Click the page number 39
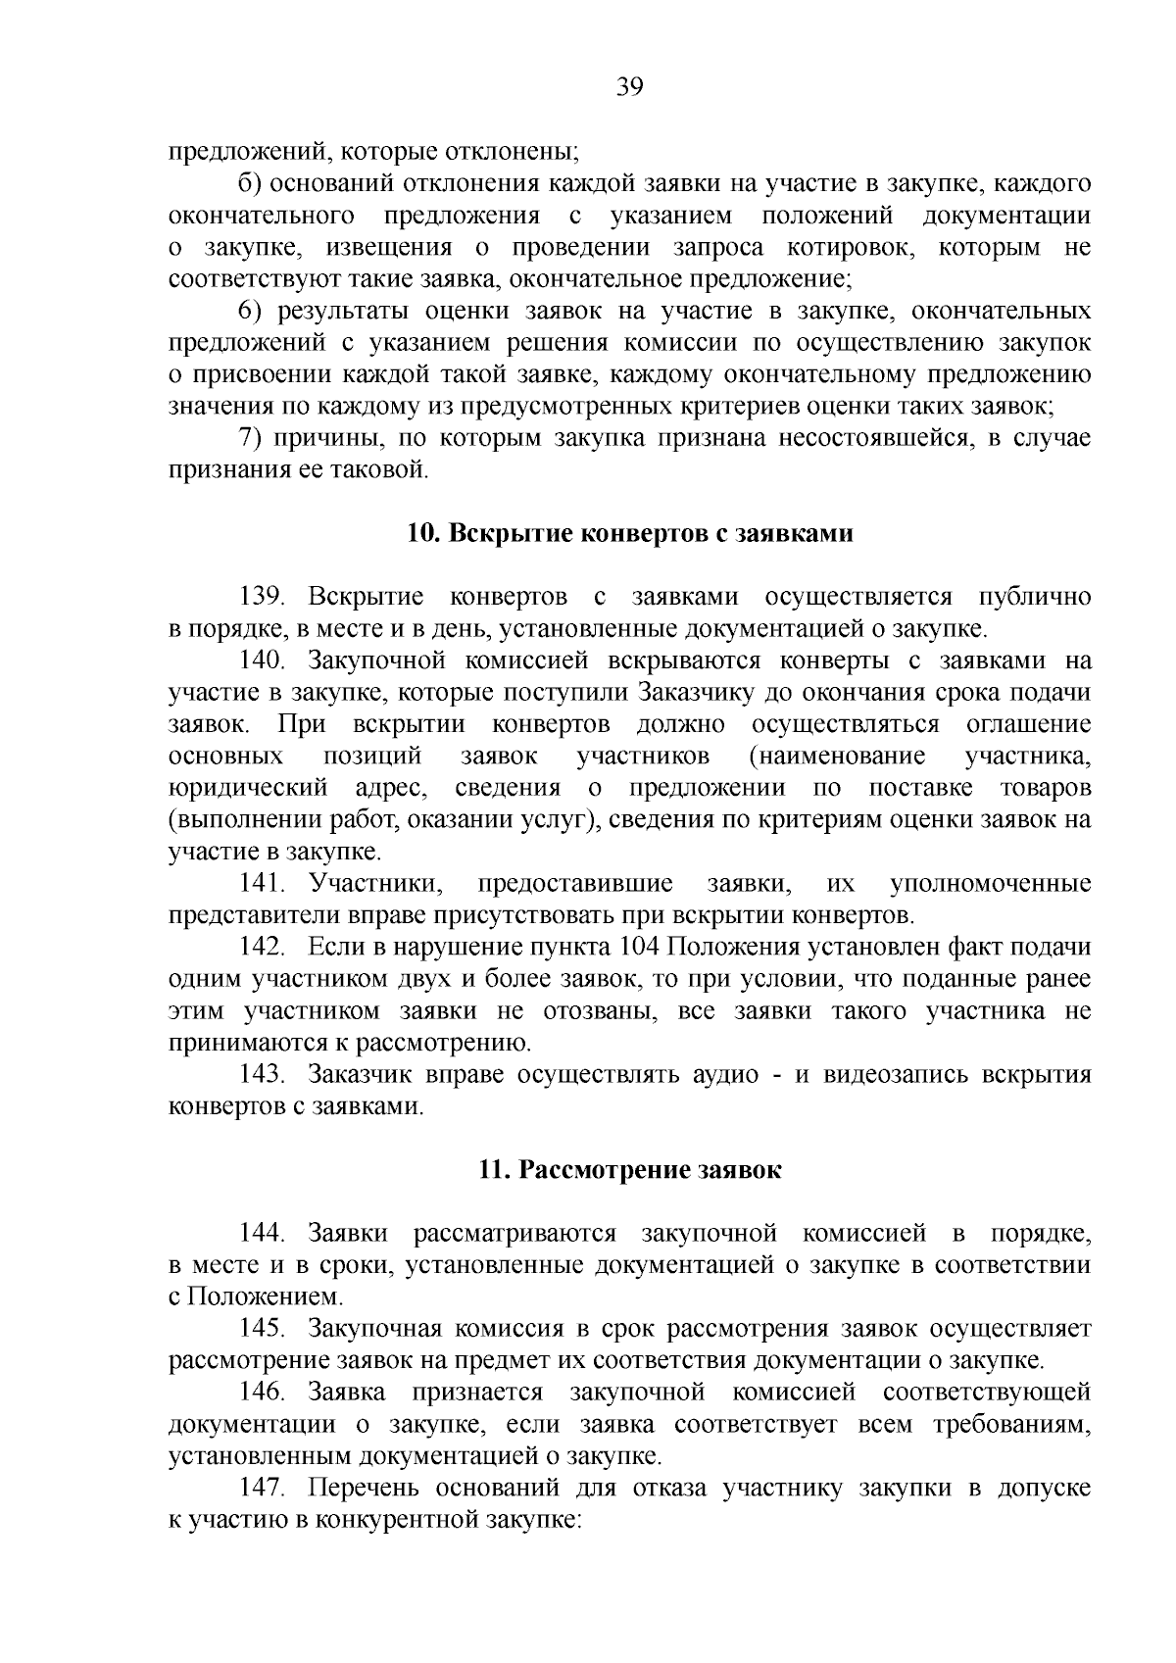pos(630,88)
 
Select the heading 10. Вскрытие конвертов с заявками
pos(630,534)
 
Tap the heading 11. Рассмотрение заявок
pos(630,1170)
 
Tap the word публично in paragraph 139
pos(1035,598)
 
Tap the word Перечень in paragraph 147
pos(365,1488)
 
